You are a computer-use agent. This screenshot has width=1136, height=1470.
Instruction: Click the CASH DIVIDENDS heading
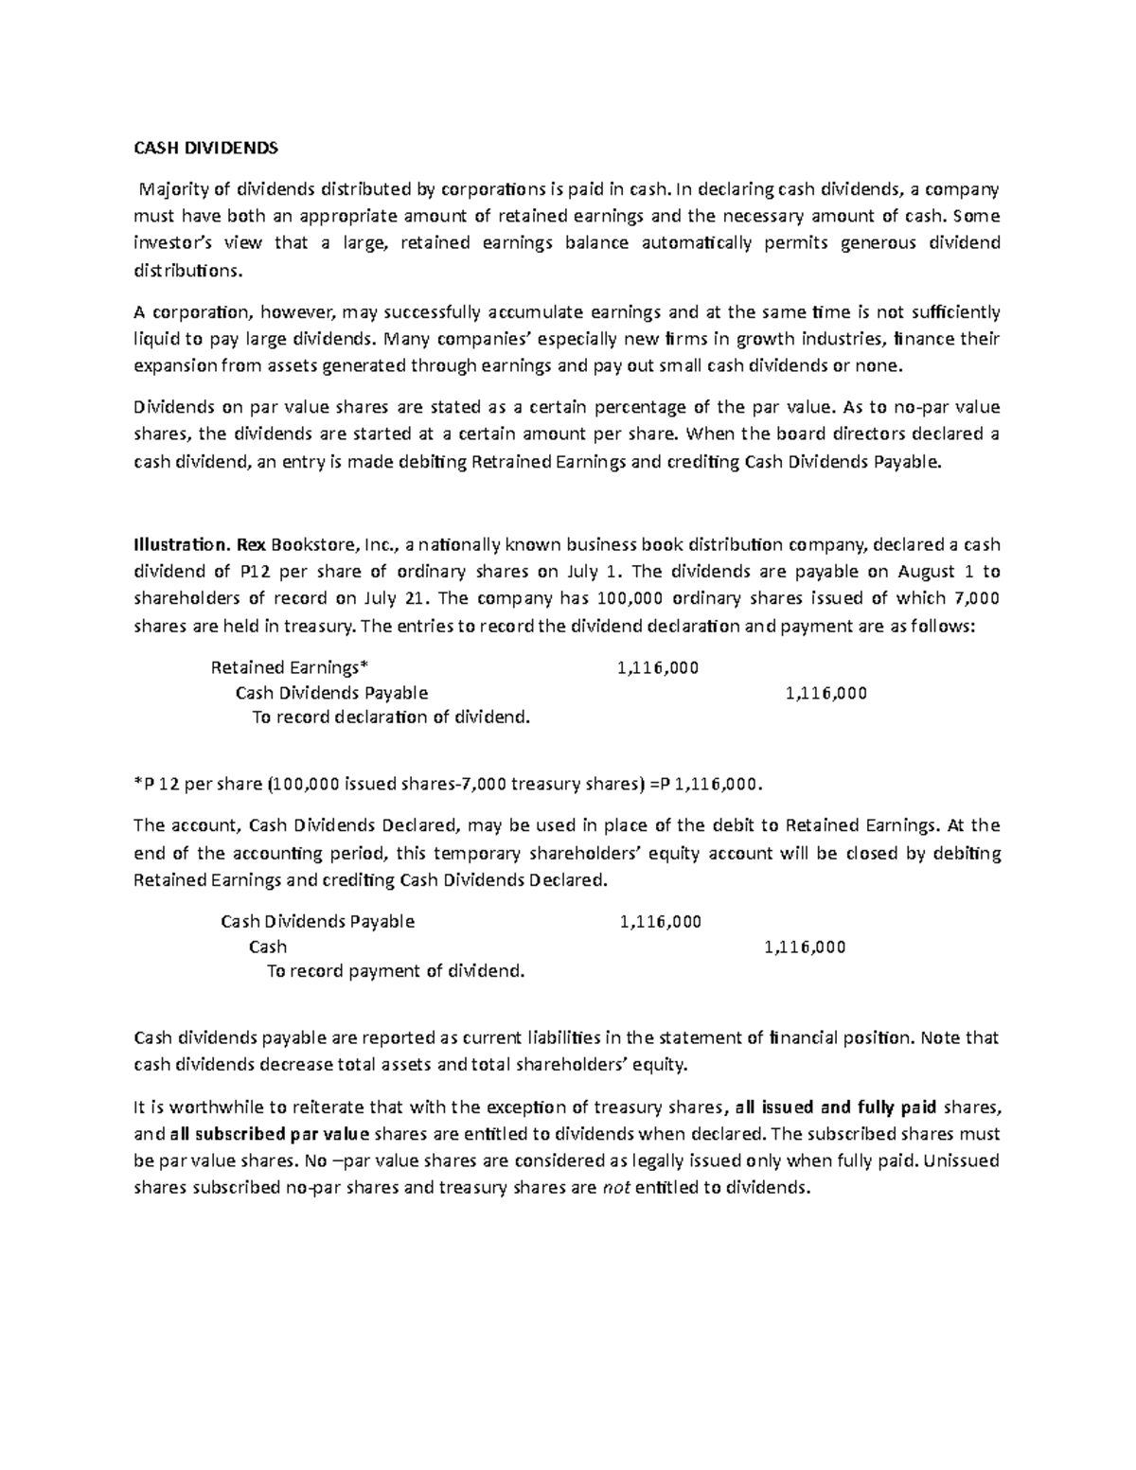[x=204, y=148]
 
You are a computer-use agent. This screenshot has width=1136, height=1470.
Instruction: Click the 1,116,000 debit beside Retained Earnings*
[x=657, y=668]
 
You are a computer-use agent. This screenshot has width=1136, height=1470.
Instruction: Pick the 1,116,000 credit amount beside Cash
[x=805, y=947]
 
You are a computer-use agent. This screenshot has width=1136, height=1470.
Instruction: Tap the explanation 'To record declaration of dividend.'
[x=391, y=717]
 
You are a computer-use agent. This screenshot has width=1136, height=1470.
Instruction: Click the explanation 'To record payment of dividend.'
[x=395, y=971]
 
